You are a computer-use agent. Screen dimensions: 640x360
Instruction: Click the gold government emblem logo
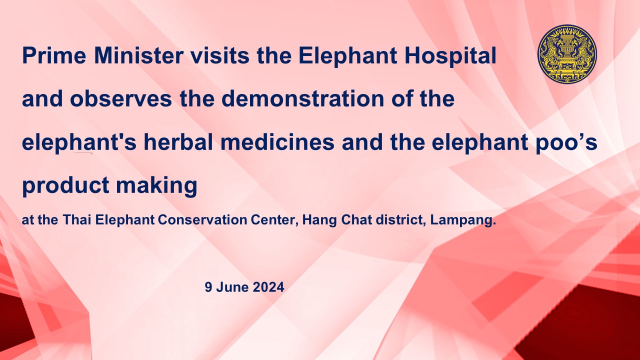click(x=567, y=54)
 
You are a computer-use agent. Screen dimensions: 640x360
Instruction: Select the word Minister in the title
click(x=138, y=55)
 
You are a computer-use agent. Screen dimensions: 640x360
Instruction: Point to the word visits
click(x=220, y=55)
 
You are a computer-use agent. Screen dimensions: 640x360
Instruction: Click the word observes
click(x=121, y=98)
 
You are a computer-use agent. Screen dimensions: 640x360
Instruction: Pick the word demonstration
click(x=302, y=98)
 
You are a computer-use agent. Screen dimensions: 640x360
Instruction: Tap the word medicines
click(x=277, y=142)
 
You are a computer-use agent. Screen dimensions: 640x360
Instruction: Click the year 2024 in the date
click(x=268, y=287)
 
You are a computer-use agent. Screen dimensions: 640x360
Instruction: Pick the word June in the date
click(x=232, y=287)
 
